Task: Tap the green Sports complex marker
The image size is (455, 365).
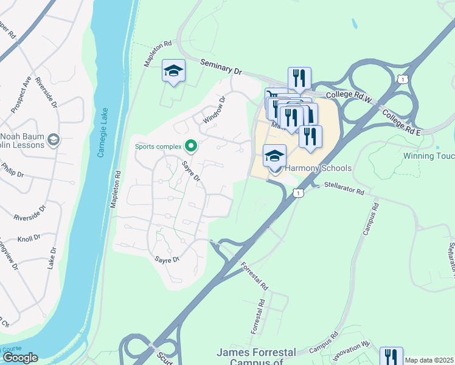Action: click(191, 146)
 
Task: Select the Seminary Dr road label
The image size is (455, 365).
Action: click(221, 68)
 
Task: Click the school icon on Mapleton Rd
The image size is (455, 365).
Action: click(173, 72)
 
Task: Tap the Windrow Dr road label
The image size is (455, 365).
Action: click(214, 109)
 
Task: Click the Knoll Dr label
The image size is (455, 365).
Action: click(29, 237)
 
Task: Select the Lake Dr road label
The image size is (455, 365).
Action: click(52, 259)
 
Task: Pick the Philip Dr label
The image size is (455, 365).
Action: click(12, 170)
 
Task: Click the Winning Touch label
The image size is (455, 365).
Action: click(429, 156)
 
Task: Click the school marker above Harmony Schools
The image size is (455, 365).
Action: click(274, 156)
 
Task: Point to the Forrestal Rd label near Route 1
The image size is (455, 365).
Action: click(254, 276)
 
